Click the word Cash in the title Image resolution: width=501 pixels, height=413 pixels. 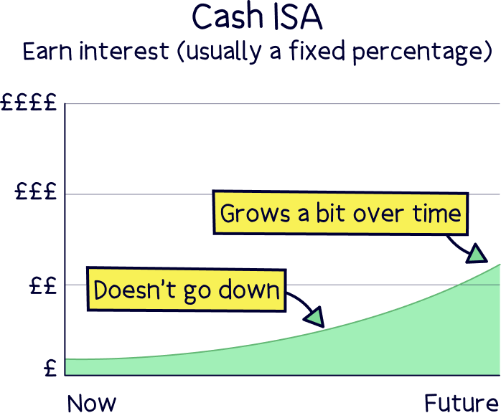[217, 17]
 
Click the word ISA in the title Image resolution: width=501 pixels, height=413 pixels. [296, 17]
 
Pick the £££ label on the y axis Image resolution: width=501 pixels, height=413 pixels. [36, 194]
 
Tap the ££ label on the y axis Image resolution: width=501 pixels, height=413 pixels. [42, 285]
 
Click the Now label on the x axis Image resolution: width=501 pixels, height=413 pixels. [91, 403]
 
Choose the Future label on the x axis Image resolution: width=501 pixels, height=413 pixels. [461, 403]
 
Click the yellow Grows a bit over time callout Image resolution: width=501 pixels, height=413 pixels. [340, 214]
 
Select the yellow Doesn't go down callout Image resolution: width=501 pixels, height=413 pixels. [186, 290]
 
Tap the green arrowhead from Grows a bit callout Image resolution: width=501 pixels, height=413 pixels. [477, 254]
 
